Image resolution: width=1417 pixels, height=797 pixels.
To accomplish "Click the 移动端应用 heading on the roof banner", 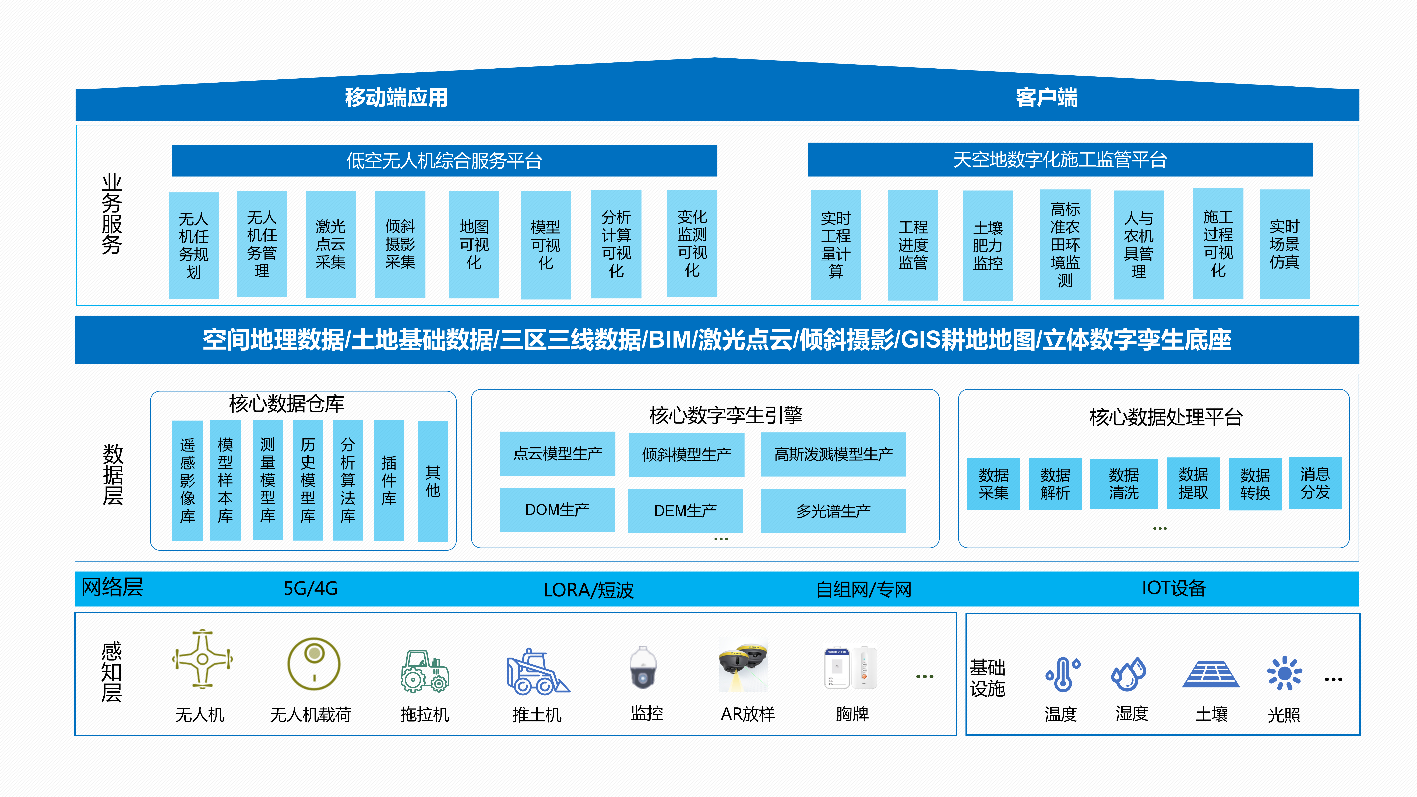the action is [x=396, y=98].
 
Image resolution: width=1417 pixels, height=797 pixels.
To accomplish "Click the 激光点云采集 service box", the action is [x=331, y=244].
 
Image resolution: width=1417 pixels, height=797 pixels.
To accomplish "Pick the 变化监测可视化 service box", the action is [x=692, y=244].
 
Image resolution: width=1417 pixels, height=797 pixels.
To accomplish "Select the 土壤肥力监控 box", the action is [x=988, y=245].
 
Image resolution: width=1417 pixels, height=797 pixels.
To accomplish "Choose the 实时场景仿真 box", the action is [x=1284, y=244].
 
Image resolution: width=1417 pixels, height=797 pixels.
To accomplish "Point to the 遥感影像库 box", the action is [x=188, y=480].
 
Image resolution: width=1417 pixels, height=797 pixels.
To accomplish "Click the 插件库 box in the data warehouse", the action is [x=389, y=480].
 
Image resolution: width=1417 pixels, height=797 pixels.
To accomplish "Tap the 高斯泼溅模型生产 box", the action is [x=833, y=454].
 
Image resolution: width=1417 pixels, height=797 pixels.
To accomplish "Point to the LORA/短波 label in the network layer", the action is [x=589, y=590].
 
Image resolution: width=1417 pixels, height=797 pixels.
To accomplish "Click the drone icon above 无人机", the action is [x=202, y=659].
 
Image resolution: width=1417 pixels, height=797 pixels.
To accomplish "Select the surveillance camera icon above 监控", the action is [x=643, y=667].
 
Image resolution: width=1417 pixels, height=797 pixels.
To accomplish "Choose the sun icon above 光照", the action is [x=1284, y=673].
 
